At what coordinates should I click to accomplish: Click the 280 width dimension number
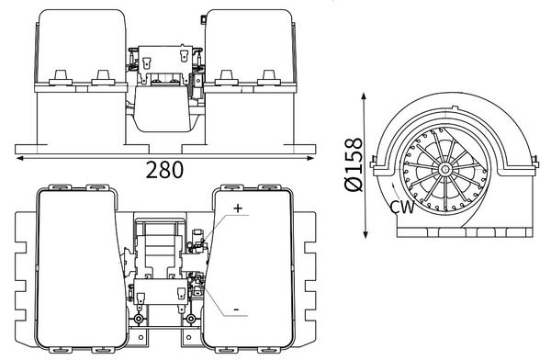pyautogui.click(x=163, y=170)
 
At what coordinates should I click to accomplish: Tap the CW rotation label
pyautogui.click(x=402, y=208)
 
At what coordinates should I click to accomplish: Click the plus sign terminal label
pyautogui.click(x=237, y=208)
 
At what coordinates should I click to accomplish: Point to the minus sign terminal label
pyautogui.click(x=237, y=310)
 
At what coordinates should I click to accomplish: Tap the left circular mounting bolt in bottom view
pyautogui.click(x=139, y=320)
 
